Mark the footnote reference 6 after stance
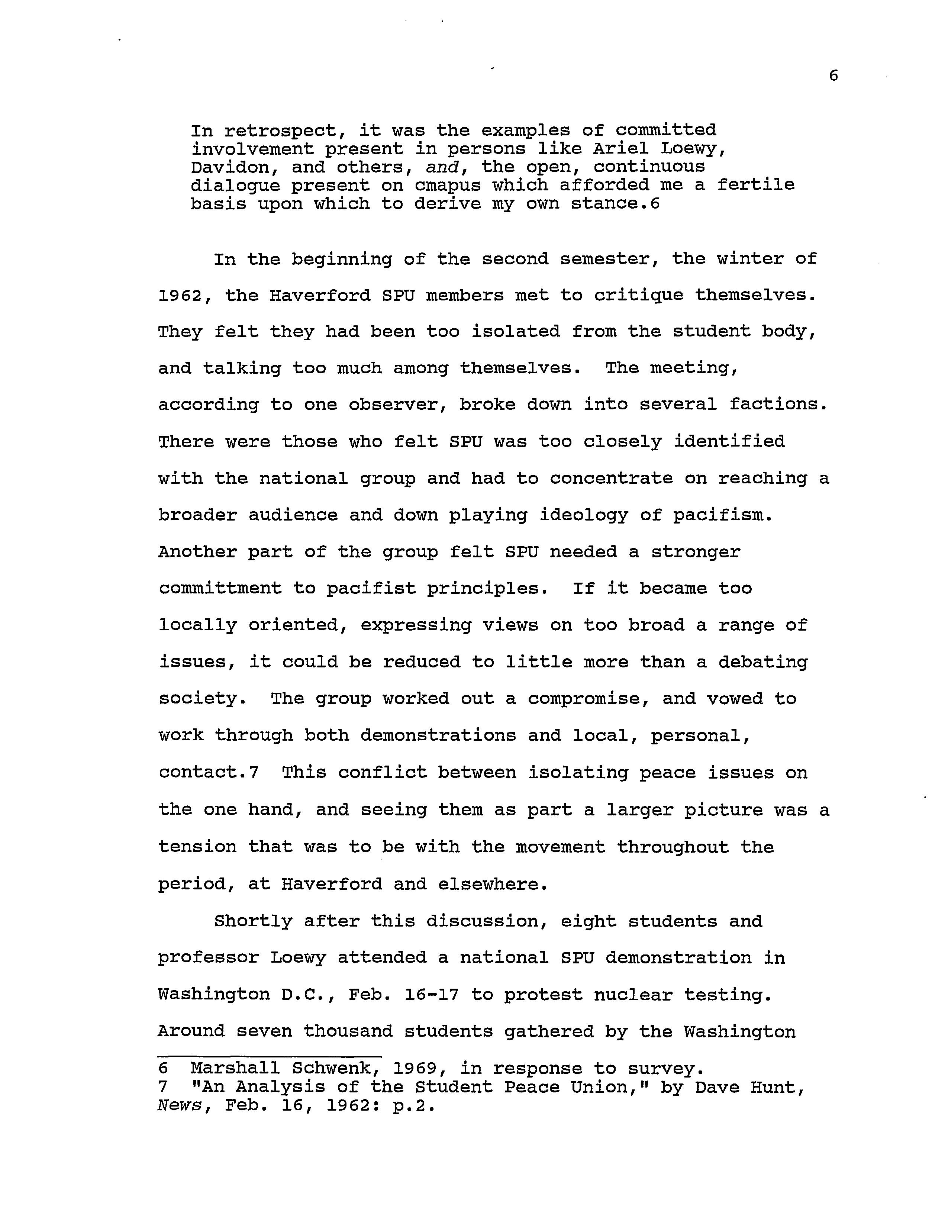click(x=654, y=204)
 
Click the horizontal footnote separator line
click(x=270, y=1057)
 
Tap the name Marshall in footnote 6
click(x=235, y=1069)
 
